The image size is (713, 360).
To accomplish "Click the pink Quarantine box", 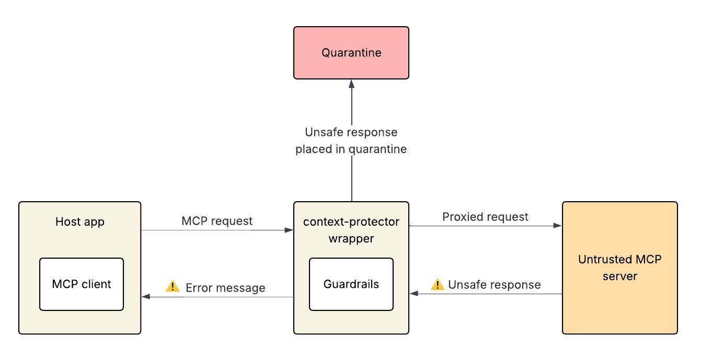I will click(351, 53).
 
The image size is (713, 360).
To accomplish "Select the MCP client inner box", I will click(82, 284).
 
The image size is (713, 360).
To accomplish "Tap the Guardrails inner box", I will click(351, 284).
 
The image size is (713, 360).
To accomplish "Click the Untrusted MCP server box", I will click(619, 268).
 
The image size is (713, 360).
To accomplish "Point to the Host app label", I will click(80, 222).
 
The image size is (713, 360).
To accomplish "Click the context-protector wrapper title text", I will click(351, 230).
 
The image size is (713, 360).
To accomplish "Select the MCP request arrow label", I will click(217, 220).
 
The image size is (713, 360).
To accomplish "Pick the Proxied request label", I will click(485, 216).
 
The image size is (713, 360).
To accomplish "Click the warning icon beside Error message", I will click(172, 286).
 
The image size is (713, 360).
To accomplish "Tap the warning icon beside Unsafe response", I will click(438, 284).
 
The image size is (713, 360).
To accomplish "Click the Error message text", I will click(225, 287).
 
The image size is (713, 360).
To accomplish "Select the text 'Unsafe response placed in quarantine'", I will click(351, 141).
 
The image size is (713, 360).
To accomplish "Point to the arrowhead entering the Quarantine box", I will click(352, 83).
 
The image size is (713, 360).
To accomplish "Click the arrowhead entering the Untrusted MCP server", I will click(558, 226).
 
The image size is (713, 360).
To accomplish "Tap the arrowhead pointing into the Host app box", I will click(146, 297).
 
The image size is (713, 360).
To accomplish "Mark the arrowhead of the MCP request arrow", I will click(289, 230).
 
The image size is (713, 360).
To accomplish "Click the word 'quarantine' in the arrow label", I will click(377, 149).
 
